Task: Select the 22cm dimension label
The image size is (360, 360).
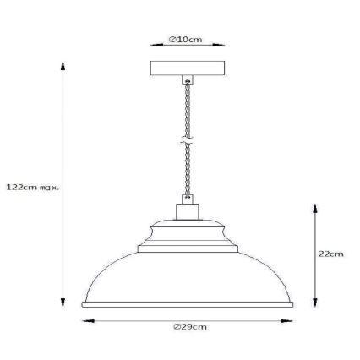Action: click(333, 253)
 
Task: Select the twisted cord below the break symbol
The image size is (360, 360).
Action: click(185, 173)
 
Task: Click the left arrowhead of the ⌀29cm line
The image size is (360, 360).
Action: click(82, 319)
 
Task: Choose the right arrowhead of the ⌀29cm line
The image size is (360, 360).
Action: click(289, 319)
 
